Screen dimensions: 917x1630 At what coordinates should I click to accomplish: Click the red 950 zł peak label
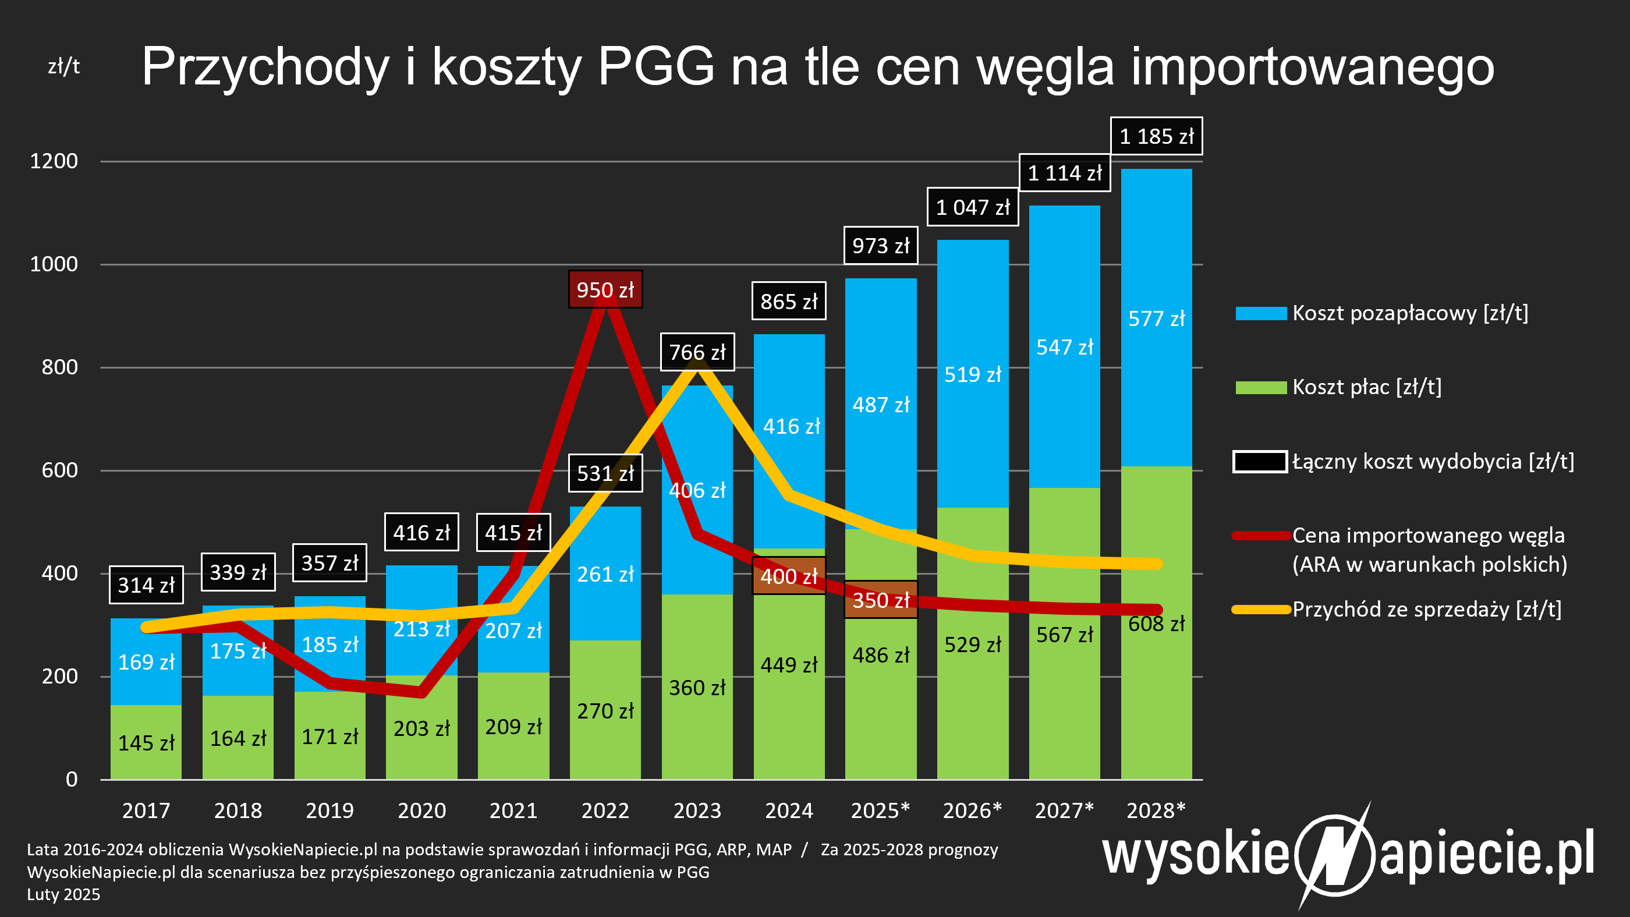tap(605, 290)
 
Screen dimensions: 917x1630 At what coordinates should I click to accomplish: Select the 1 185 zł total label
tap(1156, 136)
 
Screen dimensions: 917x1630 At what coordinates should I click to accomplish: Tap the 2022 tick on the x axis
tap(605, 810)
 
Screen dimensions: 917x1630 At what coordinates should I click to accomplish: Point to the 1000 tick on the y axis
tap(54, 264)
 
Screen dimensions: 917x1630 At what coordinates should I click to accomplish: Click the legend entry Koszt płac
tap(1366, 387)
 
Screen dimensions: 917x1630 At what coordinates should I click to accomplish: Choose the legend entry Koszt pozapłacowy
tap(1409, 313)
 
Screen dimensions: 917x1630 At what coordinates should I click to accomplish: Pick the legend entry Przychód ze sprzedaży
tap(1426, 610)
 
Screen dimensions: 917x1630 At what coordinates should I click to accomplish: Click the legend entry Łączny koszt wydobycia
tap(1432, 461)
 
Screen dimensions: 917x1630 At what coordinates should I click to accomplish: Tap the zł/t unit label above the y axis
tap(64, 66)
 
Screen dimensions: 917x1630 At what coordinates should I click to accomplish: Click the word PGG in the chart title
tap(656, 66)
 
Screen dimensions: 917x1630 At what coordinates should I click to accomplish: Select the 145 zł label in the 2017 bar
tap(146, 742)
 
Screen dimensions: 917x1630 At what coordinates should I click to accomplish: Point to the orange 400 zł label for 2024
tap(788, 576)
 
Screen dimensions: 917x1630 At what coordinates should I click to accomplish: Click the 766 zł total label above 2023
tap(697, 352)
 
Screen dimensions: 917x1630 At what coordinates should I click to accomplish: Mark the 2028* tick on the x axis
tap(1156, 810)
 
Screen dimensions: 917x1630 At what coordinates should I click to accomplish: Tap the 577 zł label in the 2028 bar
tap(1156, 318)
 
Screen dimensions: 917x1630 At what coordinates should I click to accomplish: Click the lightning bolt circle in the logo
tap(1334, 855)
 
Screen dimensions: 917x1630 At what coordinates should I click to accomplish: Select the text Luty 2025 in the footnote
tap(63, 894)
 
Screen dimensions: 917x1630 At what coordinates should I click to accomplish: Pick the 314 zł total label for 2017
tap(146, 585)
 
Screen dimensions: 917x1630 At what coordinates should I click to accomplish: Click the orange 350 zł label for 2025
tap(880, 600)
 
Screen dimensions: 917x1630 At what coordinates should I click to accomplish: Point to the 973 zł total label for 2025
tap(880, 246)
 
